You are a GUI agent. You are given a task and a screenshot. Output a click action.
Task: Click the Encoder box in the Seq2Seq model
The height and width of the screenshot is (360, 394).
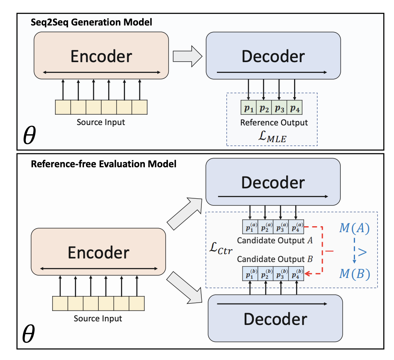tap(101, 55)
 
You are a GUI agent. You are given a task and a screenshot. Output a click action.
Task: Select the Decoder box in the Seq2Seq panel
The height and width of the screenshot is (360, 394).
tap(273, 55)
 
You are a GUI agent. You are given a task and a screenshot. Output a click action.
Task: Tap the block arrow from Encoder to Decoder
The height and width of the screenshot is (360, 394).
tap(187, 56)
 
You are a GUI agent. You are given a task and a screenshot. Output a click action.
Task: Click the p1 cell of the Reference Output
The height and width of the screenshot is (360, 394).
tap(249, 108)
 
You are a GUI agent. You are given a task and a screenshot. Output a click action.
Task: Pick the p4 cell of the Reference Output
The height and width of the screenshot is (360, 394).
tap(294, 108)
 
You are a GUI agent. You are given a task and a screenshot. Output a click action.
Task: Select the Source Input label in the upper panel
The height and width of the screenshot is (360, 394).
tap(101, 122)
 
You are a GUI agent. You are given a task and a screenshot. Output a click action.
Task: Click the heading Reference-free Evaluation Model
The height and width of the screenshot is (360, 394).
tap(103, 164)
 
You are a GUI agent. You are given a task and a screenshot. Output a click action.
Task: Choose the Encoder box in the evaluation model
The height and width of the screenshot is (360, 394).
tap(98, 252)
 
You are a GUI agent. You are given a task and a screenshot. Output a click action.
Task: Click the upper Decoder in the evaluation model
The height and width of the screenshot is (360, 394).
tap(273, 182)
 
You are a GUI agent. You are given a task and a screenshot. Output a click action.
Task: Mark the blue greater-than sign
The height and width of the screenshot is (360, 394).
tap(362, 251)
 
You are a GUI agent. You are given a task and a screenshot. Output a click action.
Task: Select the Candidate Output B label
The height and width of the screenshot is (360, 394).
tap(275, 259)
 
